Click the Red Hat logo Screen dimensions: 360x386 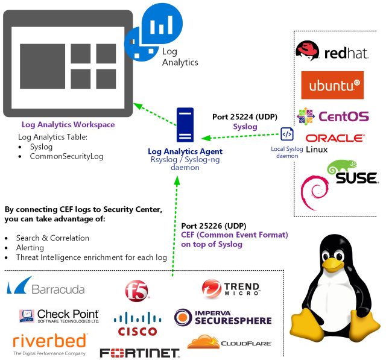[x=331, y=52]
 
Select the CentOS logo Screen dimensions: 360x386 [x=332, y=116]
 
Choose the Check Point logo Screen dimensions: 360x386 [x=60, y=316]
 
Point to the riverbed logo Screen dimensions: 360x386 [x=50, y=342]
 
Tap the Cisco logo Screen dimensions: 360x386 [x=137, y=324]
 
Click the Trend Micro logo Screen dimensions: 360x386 [x=231, y=289]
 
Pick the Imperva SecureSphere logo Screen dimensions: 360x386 [x=223, y=317]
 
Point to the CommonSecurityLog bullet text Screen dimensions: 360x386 [x=66, y=157]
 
